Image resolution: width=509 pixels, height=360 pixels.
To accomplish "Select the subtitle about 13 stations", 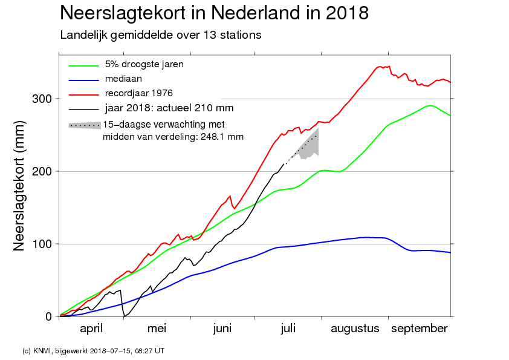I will tap(160, 35).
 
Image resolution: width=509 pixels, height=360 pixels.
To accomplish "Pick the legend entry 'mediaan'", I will tap(123, 79).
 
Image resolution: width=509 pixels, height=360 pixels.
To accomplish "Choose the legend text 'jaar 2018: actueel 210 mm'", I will tap(169, 108).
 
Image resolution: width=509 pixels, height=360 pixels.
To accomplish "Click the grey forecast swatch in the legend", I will tap(85, 125).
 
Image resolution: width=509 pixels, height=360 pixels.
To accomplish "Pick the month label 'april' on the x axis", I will tap(91, 329).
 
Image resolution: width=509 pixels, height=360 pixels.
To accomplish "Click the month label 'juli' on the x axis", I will tap(288, 329).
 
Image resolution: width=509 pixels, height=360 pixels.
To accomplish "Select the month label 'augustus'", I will tap(355, 329).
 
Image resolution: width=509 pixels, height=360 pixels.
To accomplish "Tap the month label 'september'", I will tap(420, 329).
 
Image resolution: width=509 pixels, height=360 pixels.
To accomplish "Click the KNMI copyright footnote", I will tap(93, 350).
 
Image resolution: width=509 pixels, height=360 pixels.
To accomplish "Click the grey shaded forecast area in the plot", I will tap(310, 148).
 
